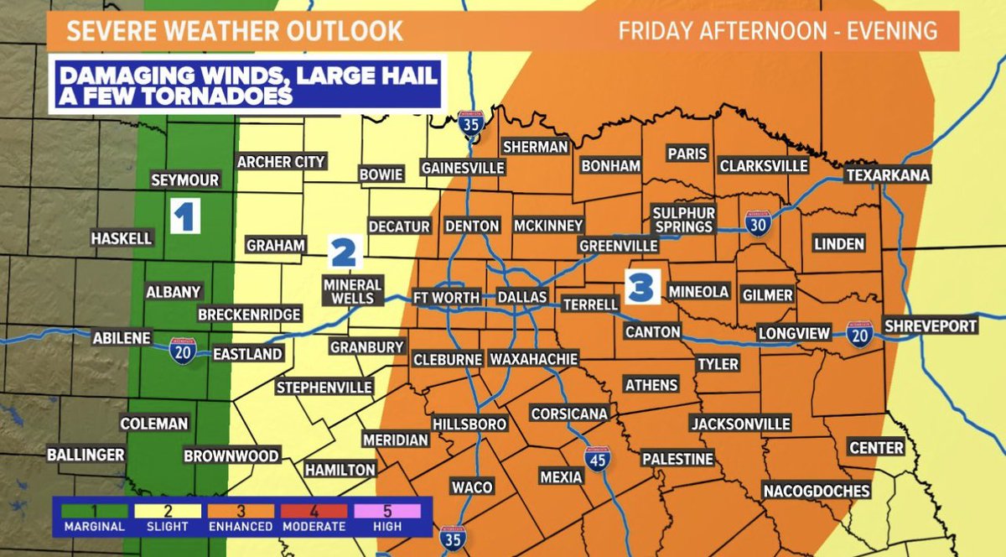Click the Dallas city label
521,298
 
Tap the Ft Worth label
446,298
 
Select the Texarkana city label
888,175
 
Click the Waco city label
471,487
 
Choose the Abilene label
122,338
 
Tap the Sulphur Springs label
684,220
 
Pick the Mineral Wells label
352,291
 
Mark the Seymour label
184,180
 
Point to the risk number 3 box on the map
640,286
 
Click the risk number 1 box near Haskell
184,216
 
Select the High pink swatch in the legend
387,510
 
